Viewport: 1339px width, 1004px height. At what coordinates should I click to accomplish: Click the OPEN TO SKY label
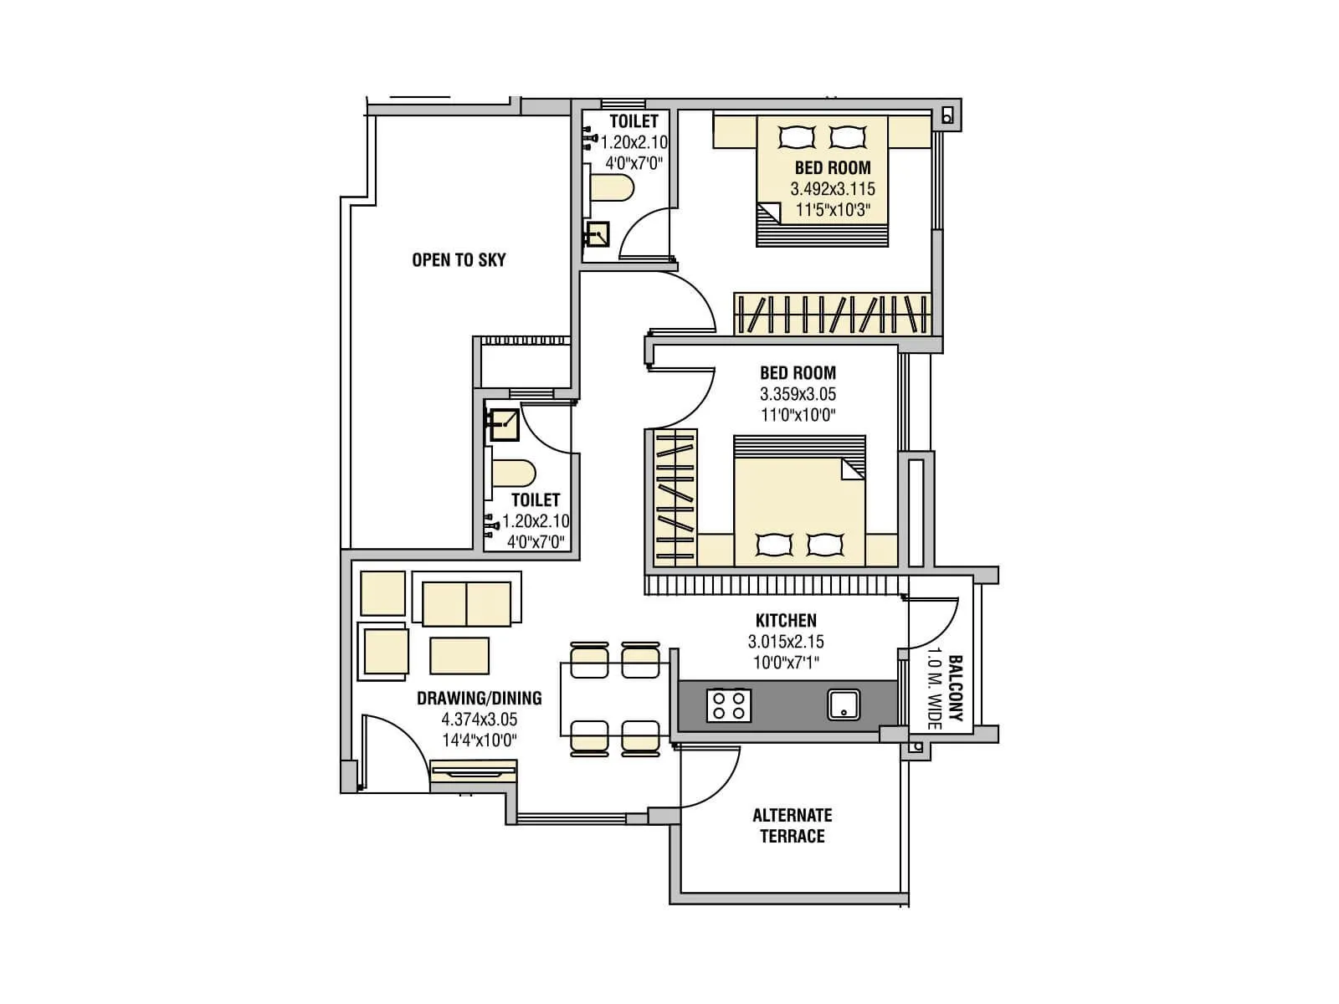459,260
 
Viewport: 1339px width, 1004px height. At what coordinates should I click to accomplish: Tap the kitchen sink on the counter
844,704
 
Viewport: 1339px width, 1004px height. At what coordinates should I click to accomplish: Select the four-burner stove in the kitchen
729,704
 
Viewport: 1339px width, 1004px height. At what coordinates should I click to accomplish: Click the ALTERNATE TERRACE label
792,826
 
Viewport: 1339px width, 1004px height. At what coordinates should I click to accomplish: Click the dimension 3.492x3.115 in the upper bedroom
833,189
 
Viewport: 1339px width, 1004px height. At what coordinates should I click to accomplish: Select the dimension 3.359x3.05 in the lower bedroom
798,394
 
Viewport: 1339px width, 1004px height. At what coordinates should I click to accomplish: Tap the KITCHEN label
786,621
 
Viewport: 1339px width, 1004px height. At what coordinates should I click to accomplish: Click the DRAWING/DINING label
479,698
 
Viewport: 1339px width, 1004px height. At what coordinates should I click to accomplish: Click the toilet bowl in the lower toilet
512,474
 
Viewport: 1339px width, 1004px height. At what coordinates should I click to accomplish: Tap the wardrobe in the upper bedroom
832,315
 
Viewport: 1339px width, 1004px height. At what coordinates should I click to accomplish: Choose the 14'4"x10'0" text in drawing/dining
479,740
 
